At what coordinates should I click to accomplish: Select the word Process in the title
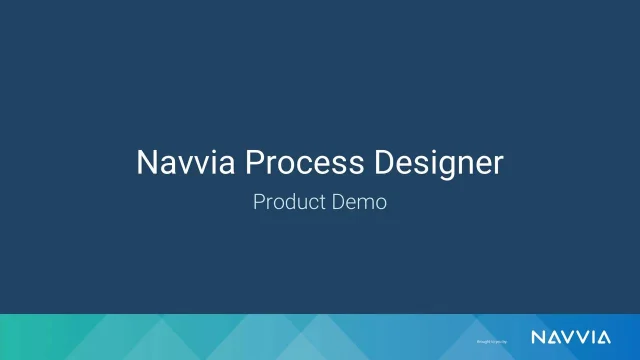pos(289,163)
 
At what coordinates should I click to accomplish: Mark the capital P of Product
pos(259,201)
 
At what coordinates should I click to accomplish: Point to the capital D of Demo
pos(339,201)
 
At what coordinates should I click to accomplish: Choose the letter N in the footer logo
pos(536,335)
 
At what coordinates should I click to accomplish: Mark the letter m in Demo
pos(365,203)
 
